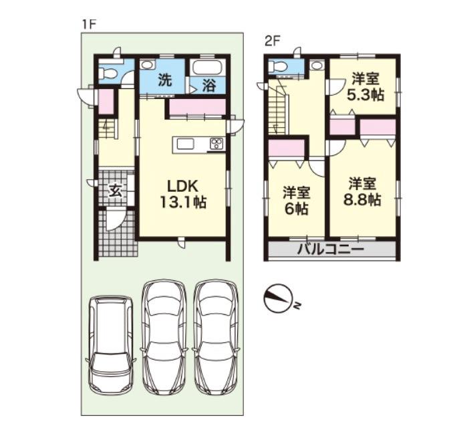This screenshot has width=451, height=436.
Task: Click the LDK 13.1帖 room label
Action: [182, 195]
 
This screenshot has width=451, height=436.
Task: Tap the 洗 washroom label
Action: [166, 80]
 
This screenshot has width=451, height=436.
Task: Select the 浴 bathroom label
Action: [209, 86]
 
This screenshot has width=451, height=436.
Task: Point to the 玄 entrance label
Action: [116, 191]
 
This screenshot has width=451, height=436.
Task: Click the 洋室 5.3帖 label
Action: [365, 87]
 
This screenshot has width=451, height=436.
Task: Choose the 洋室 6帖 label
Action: [296, 201]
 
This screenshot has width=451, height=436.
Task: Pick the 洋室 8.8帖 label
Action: [362, 192]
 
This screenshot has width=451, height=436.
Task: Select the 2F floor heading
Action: [272, 42]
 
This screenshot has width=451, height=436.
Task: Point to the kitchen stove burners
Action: [216, 144]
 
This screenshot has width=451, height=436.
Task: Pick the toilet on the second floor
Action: [277, 66]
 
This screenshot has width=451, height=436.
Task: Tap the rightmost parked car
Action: [216, 337]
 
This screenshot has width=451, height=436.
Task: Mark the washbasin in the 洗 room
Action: [148, 64]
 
